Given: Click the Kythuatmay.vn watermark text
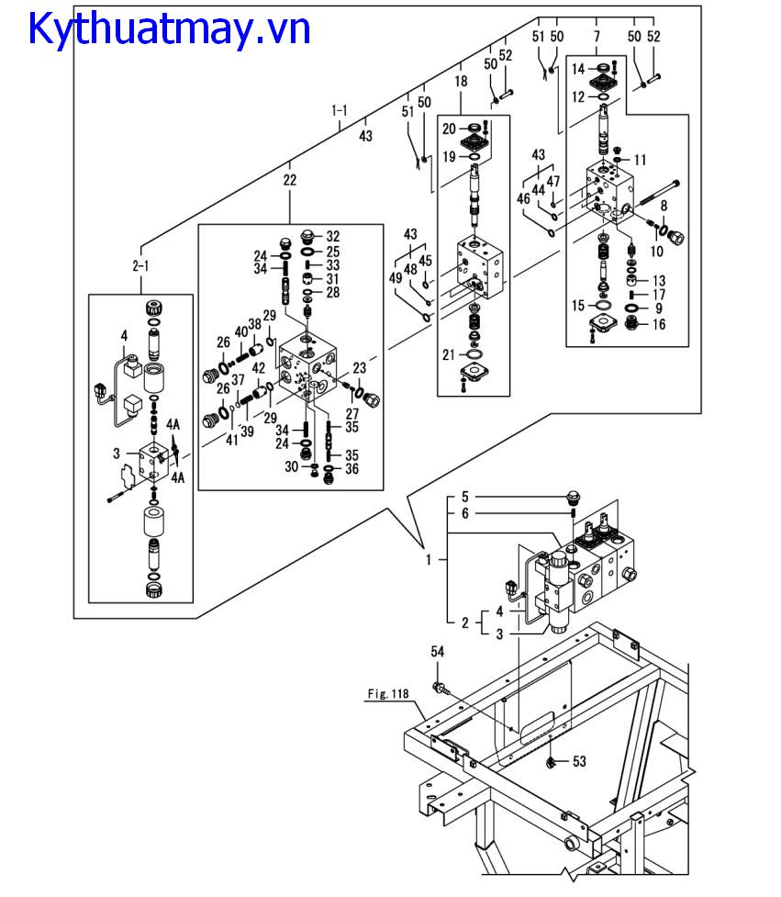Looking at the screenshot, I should click(170, 29).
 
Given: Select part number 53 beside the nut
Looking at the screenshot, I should click(579, 761).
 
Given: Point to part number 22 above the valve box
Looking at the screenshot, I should click(290, 181).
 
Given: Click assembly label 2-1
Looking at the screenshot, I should click(140, 264).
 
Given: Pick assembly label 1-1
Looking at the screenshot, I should click(340, 111).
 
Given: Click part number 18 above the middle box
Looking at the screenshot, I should click(461, 82).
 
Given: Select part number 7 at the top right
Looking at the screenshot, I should click(597, 36).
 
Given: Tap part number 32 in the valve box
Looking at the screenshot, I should click(332, 236).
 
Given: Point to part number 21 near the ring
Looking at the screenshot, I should click(447, 355).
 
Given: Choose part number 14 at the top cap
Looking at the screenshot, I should click(578, 70).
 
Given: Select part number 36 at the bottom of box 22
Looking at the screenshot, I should click(351, 469).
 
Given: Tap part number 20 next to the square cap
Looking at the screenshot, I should click(450, 128).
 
